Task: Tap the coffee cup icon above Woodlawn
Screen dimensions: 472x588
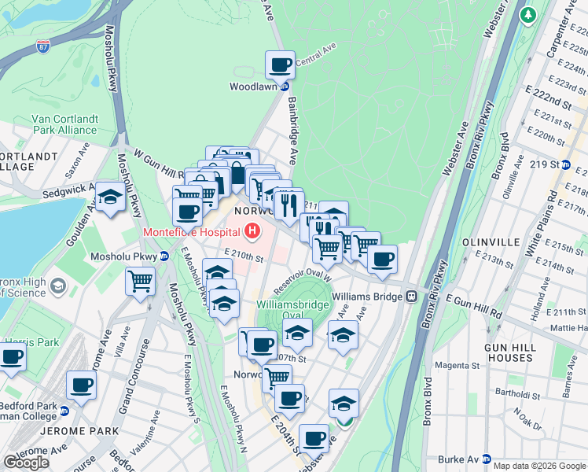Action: point(280,65)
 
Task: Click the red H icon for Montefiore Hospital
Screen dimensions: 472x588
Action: point(252,231)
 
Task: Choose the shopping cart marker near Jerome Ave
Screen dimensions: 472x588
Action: point(140,280)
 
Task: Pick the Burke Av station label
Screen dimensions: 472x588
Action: point(463,459)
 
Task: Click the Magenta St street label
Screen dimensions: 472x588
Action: point(452,366)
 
